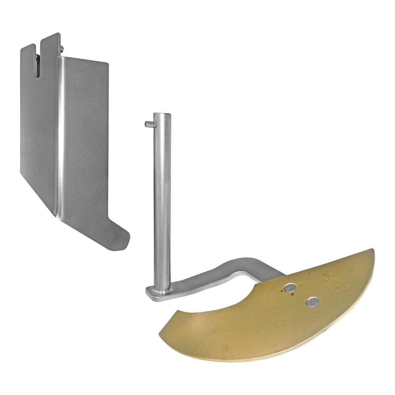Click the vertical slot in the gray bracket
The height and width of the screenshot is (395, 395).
tap(37, 63)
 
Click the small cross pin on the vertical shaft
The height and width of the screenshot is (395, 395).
tap(149, 124)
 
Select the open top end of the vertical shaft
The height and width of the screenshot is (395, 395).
tap(162, 116)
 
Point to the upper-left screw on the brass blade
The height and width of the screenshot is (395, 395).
tap(290, 288)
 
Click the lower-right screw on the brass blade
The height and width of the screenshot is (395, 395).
tap(312, 302)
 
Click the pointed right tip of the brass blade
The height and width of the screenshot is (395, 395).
tap(371, 251)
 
